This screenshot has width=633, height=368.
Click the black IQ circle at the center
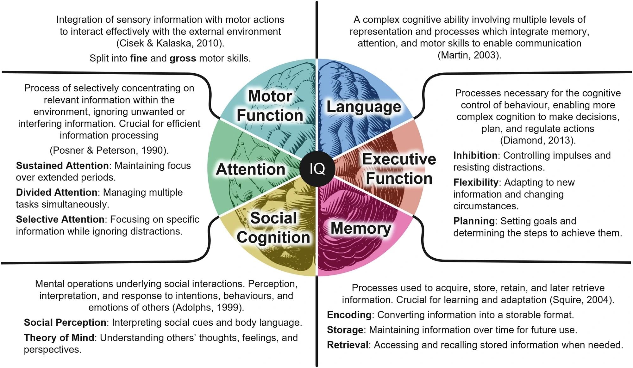[x=317, y=168]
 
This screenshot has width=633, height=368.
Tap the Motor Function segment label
[x=270, y=106]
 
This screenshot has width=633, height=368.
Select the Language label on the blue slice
[x=364, y=107]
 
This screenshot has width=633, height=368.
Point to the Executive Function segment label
[x=399, y=169]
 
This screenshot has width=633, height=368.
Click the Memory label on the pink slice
[x=361, y=228]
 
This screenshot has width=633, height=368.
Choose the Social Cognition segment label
[x=273, y=228]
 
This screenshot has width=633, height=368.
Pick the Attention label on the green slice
[x=250, y=169]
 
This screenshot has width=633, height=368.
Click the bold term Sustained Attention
[x=62, y=166]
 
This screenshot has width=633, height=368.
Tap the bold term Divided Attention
[x=57, y=193]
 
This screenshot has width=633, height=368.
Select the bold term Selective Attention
[x=60, y=219]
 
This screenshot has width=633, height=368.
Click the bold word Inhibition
[x=475, y=156]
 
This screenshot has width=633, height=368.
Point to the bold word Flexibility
[x=476, y=182]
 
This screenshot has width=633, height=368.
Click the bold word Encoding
[x=349, y=315]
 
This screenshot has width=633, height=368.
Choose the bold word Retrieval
[x=348, y=345]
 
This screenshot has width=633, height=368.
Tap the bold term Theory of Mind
[x=59, y=338]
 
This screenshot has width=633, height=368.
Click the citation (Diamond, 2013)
[x=538, y=140]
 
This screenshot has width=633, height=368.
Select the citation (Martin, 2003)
[x=469, y=55]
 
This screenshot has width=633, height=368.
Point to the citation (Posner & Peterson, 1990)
[x=109, y=150]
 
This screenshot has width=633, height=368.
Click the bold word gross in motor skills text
[x=183, y=58]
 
